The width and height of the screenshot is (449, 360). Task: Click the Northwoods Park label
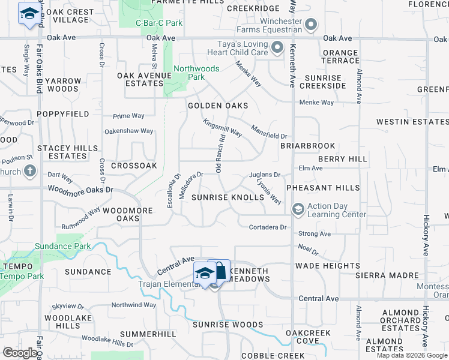tap(196, 73)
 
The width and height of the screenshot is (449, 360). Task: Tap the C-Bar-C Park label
tap(158, 23)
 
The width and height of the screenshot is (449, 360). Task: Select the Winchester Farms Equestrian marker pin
tap(311, 25)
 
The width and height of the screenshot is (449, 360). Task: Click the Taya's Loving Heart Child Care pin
tap(277, 47)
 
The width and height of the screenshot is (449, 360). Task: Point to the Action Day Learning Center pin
tap(297, 209)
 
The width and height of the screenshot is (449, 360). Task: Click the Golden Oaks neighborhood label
tap(217, 105)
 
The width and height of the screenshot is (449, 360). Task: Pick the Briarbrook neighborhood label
tap(307, 146)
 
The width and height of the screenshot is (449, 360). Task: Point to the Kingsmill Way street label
tap(222, 127)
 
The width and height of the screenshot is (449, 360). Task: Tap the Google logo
tap(20, 352)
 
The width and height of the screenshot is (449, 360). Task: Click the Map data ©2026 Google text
tap(412, 355)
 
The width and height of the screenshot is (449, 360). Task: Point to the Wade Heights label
tap(327, 266)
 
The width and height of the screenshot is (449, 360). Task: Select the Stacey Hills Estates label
tap(62, 152)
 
